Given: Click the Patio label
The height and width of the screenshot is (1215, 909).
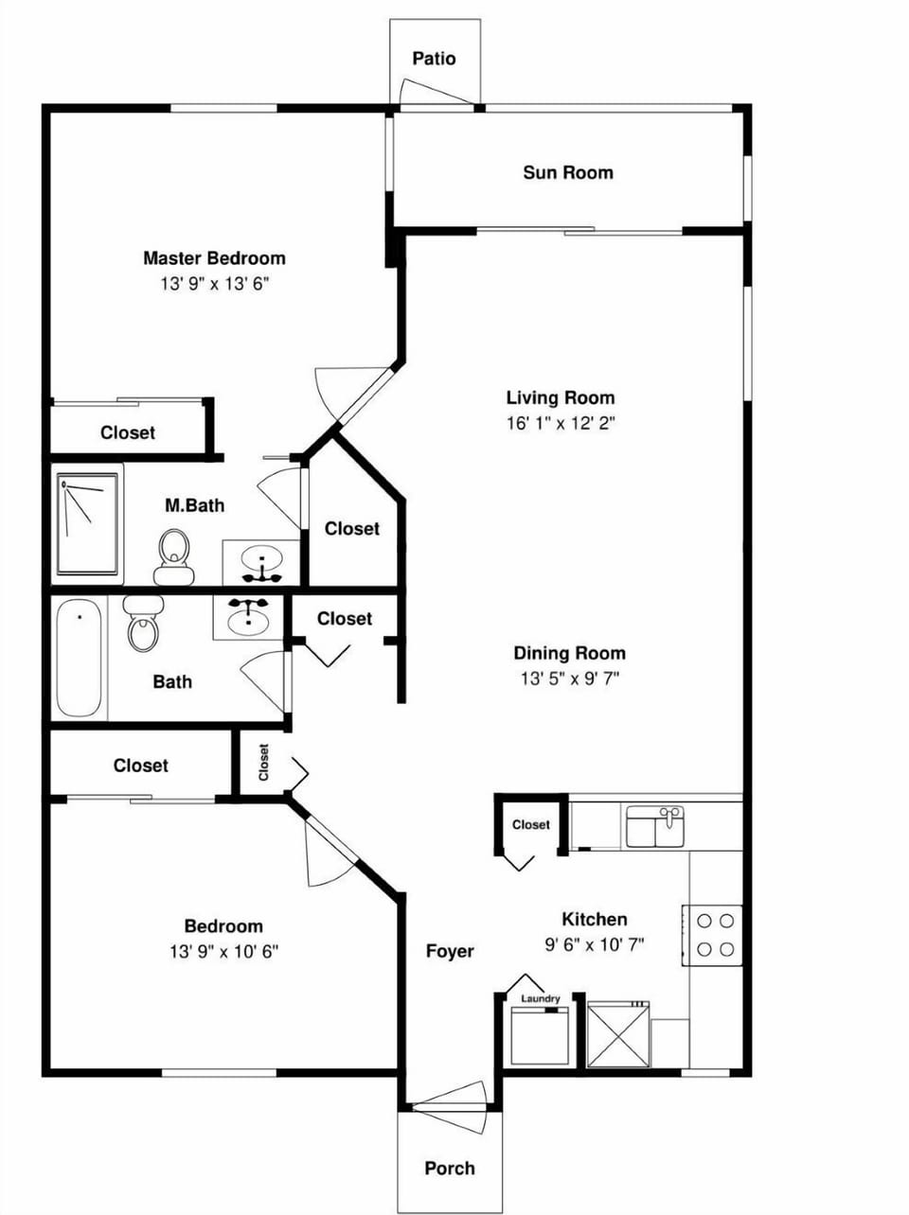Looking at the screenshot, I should tap(434, 59).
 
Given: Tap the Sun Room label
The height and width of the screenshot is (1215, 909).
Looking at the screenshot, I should tap(567, 172).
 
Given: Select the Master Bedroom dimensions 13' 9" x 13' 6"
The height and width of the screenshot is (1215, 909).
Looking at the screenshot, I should tap(215, 283).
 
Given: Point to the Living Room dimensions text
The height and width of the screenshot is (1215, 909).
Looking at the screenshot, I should tap(561, 423).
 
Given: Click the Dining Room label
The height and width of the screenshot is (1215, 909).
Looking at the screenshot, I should tap(569, 653).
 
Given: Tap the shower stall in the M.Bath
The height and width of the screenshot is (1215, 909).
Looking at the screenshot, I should tap(87, 523).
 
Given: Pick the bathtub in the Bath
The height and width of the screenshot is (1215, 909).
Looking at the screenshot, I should tap(78, 659).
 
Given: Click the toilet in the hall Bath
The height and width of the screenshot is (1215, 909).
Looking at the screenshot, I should tap(144, 624).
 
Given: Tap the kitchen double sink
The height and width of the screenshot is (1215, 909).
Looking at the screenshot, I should tap(654, 826).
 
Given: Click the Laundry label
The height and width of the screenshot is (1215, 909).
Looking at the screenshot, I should tap(541, 998).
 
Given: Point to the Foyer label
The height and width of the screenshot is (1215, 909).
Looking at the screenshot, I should tap(450, 951).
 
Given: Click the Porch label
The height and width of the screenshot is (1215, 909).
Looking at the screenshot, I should tap(450, 1168).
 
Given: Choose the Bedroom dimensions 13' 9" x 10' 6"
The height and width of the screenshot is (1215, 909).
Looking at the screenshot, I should tap(223, 952).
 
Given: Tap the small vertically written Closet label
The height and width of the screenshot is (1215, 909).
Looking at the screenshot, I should tap(263, 763).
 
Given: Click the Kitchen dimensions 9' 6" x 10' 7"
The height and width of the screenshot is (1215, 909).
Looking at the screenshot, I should tap(595, 943).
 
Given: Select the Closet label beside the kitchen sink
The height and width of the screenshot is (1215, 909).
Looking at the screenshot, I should tap(531, 824).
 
